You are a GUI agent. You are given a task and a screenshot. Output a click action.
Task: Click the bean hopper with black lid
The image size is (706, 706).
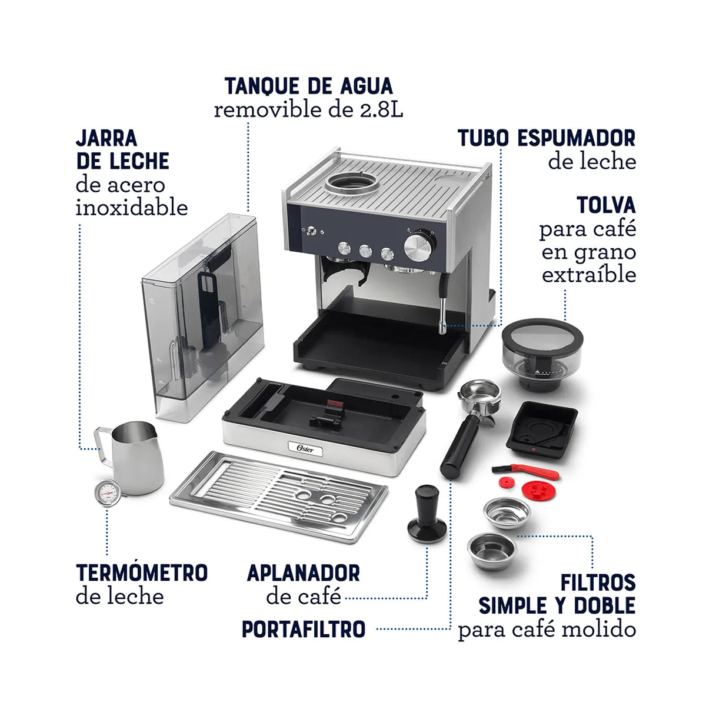coord(542,354)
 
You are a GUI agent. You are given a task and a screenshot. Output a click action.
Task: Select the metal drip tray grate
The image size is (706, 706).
coord(279,496)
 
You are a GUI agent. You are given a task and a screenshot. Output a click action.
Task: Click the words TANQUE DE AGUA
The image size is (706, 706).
coord(308,86)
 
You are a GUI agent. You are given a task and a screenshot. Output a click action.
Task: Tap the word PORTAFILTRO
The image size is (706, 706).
coord(304,629)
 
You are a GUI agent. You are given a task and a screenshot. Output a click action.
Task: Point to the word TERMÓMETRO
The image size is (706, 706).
coord(142,572)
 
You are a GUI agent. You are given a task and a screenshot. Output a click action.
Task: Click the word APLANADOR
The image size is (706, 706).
coord(303,572)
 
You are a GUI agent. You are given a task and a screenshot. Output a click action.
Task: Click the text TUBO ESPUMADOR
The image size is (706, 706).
coord(547,138)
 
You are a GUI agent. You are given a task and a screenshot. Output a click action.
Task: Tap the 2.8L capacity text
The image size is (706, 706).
coord(381,110)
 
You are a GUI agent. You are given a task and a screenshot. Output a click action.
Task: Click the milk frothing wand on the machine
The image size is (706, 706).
coord(441,306)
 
